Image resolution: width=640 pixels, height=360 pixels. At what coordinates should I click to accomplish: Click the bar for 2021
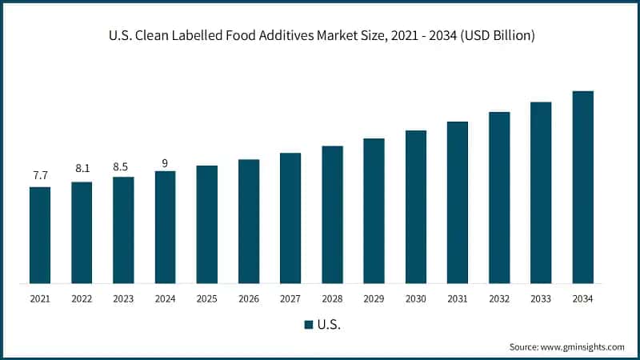tap(40, 235)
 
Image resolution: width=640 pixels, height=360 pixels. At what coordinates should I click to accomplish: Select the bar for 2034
tap(582, 187)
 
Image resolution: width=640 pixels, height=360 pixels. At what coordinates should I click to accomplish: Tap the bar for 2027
tap(290, 218)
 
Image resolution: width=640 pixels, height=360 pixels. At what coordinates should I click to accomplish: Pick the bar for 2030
tap(416, 206)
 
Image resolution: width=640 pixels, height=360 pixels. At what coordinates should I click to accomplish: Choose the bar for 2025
tap(207, 224)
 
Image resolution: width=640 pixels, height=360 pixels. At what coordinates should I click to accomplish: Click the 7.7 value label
tap(40, 174)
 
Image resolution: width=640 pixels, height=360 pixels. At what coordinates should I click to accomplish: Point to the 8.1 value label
tap(82, 169)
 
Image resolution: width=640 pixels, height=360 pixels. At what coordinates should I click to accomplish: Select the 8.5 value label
tap(123, 166)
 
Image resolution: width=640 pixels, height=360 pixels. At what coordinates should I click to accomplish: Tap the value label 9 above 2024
tap(165, 163)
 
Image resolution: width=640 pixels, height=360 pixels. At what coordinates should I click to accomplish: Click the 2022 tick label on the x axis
tap(82, 299)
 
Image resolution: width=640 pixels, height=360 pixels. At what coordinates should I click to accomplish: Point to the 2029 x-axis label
tap(374, 299)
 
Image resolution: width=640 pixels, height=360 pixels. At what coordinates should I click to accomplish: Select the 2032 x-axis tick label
tap(499, 299)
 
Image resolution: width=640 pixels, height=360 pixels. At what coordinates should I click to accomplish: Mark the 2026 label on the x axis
tap(249, 299)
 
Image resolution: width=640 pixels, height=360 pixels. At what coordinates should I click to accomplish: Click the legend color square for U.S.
tap(308, 325)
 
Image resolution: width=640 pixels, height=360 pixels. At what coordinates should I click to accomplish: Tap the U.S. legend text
tap(328, 325)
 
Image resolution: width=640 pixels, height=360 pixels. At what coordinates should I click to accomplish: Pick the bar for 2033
tap(541, 193)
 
